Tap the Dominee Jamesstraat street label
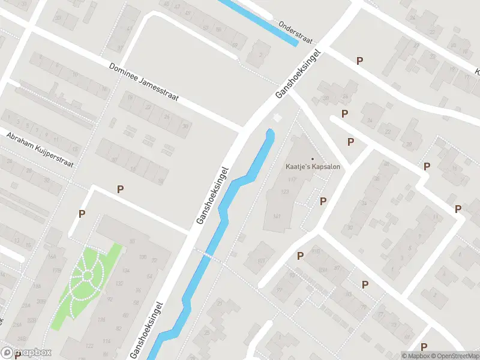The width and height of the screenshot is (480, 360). pos(144,83)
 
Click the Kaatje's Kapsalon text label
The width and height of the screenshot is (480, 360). pos(312,166)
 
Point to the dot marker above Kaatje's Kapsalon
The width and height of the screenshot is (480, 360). pos(312,158)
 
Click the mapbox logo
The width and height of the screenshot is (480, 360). pos(26,353)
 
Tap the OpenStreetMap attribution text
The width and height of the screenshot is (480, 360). pos(452,356)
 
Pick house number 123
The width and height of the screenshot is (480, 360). pos(284,191)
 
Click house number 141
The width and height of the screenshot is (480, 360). pos(277,216)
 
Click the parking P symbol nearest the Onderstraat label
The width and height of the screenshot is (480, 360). pos(360,61)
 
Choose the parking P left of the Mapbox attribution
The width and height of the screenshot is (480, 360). pos(424,347)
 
